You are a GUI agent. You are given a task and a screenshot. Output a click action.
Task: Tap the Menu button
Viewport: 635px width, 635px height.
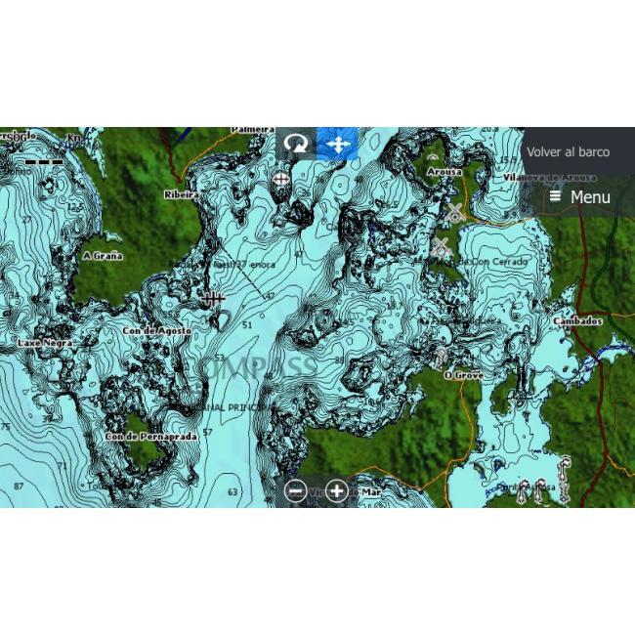click(580, 197)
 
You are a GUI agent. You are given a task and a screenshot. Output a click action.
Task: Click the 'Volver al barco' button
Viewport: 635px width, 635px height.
click(568, 152)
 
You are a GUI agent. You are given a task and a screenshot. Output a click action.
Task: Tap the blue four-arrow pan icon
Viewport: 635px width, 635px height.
click(338, 145)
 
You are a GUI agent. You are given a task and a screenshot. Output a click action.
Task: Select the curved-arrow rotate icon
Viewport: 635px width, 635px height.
click(295, 145)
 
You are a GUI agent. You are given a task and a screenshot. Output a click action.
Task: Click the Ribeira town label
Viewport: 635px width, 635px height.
click(181, 194)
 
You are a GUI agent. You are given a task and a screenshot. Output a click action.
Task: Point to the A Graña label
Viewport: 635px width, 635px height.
click(103, 256)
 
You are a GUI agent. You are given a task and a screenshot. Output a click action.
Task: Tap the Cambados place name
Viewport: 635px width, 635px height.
click(577, 320)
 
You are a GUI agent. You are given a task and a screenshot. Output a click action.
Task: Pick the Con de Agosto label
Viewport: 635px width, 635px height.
click(155, 331)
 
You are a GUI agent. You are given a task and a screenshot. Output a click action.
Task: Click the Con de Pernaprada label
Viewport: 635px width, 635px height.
click(150, 436)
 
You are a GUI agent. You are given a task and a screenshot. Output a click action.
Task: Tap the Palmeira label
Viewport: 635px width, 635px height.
click(252, 129)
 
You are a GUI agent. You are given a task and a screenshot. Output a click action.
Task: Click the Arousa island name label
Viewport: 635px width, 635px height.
click(444, 172)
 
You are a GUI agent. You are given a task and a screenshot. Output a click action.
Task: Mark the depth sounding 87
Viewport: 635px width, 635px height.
click(19, 486)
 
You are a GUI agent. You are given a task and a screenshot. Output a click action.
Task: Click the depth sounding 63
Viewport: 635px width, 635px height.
click(233, 491)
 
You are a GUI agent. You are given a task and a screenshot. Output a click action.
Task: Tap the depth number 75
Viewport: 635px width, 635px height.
click(6, 427)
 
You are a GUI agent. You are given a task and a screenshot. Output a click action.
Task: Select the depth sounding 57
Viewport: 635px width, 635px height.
click(207, 431)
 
